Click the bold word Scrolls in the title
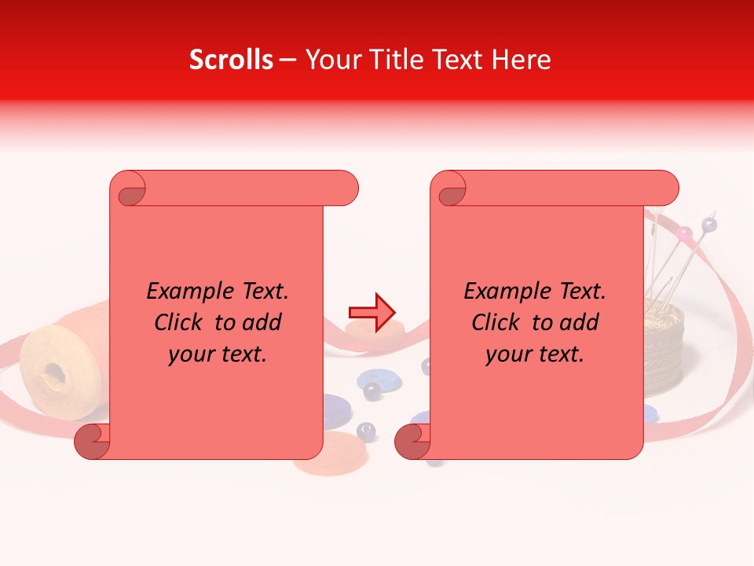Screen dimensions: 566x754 click(231, 60)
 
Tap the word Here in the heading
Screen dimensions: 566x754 click(521, 60)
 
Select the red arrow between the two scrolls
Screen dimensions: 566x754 click(372, 312)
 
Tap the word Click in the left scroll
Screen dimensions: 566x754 click(178, 322)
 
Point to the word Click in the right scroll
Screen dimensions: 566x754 click(496, 322)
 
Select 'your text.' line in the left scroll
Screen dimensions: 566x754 click(218, 354)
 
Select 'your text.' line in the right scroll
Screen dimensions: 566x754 click(535, 354)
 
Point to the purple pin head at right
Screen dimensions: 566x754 click(709, 225)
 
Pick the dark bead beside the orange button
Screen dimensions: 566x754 click(366, 430)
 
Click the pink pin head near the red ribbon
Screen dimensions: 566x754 click(685, 233)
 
